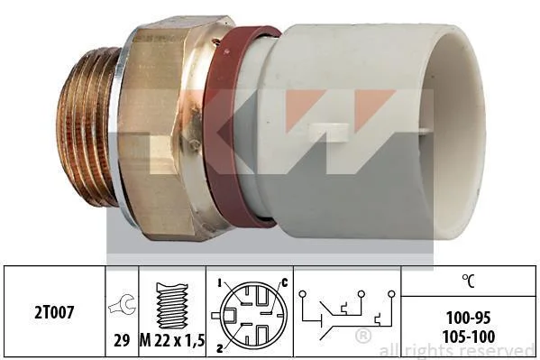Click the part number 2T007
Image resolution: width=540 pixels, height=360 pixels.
pos(54,313)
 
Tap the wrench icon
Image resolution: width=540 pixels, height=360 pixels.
pos(123,304)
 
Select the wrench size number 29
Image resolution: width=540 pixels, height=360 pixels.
pos(122,341)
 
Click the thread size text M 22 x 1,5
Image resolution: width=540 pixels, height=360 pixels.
pos(172,341)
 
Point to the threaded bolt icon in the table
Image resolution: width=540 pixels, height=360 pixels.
pos(172,306)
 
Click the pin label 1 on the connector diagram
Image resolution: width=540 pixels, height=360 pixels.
pos(219,283)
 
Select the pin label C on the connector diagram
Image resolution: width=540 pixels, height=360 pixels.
pos(285,282)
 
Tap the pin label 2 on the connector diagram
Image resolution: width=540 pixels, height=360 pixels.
pos(219,348)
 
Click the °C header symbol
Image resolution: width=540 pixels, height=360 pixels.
pos(469,281)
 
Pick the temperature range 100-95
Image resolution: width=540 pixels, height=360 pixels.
pos(469,318)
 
